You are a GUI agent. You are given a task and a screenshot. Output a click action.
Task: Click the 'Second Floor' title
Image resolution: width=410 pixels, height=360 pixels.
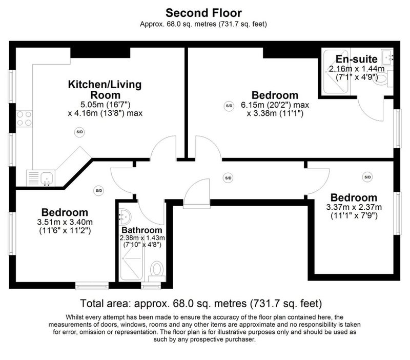[203, 13]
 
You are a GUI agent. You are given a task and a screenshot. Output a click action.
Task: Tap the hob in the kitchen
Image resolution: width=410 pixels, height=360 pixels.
[24, 118]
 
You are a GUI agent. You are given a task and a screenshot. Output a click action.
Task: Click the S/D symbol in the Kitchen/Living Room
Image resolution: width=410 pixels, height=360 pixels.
[79, 132]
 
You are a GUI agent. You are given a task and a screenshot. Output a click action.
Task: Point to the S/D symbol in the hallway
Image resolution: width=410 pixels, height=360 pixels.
[228, 178]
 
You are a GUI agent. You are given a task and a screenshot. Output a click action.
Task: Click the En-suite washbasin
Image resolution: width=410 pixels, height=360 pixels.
[387, 57]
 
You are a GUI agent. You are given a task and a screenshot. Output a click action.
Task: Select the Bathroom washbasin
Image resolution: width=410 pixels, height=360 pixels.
[125, 217]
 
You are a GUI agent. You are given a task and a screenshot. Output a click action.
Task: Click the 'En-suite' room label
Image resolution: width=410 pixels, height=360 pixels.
[356, 59]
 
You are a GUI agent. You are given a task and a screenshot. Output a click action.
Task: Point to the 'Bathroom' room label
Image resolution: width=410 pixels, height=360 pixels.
[142, 230]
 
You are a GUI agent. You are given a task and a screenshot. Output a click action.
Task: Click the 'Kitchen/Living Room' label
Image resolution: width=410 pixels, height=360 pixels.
[105, 89]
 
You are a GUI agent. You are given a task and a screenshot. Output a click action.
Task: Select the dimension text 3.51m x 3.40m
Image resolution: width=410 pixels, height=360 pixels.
[65, 223]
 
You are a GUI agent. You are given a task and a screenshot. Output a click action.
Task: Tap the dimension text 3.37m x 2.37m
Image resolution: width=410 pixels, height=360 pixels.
[354, 207]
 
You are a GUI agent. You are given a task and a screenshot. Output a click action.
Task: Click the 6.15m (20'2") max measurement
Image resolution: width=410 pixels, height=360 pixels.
[275, 105]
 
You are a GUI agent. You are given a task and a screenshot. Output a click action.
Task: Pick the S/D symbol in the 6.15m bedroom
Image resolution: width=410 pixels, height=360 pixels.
[229, 106]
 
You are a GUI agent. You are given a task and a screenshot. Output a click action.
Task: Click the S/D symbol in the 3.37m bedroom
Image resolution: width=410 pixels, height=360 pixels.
[367, 177]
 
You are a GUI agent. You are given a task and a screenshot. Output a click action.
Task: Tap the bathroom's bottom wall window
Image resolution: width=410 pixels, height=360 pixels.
[151, 286]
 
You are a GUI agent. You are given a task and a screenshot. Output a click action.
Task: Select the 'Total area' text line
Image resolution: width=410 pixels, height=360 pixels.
[201, 304]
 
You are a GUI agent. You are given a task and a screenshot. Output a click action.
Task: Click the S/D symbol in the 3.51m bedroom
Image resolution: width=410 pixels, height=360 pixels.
[98, 190]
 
